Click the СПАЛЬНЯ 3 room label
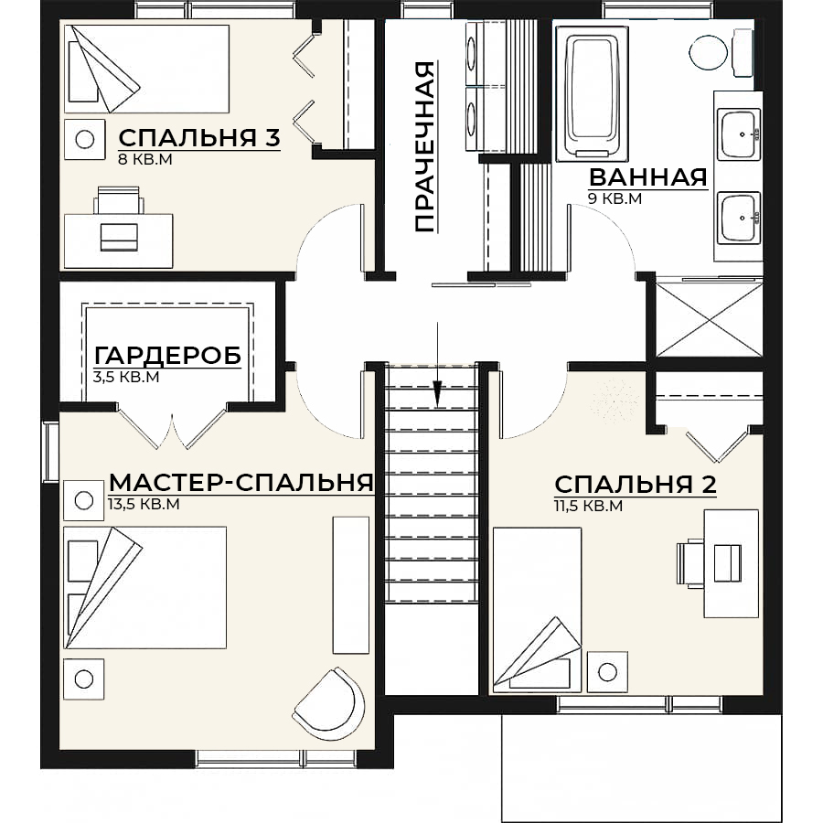click(199, 138)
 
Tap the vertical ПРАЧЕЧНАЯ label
click(425, 146)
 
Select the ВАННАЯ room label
click(648, 177)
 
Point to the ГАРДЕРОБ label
click(168, 356)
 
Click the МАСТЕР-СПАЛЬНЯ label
click(241, 482)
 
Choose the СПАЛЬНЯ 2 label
click(636, 485)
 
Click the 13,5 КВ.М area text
click(144, 504)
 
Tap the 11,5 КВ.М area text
click(588, 506)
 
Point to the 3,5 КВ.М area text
click(126, 377)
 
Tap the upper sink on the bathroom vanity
click(741, 134)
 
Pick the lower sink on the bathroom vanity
click(739, 218)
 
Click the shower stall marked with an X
click(709, 320)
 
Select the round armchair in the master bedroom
click(329, 704)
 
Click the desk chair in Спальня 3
click(119, 201)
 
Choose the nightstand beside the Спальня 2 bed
click(608, 672)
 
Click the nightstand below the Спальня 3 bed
click(84, 139)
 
